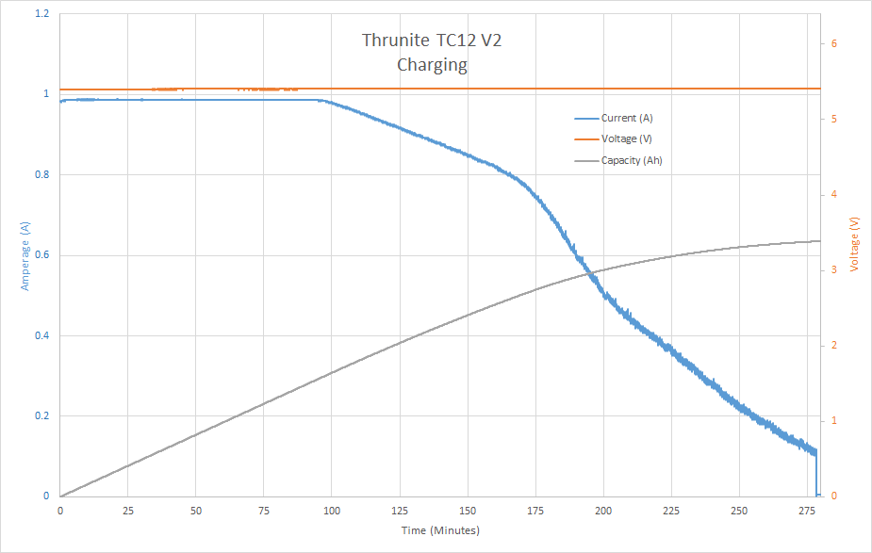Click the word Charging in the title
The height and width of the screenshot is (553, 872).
[432, 65]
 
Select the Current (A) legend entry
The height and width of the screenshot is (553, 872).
[626, 119]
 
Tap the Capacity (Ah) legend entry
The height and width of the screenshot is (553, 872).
[631, 160]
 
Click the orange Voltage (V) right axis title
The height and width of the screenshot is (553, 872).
[854, 243]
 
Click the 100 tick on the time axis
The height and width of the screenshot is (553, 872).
[332, 510]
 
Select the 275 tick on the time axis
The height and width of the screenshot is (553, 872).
[807, 510]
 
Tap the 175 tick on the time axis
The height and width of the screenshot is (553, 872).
[535, 510]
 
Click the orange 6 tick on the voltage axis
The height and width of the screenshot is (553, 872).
[833, 44]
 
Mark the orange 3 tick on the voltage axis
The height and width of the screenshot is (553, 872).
[833, 270]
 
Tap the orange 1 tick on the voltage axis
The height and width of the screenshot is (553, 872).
[833, 421]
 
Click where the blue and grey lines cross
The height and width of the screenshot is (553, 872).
[588, 272]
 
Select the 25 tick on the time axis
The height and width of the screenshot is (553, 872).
[128, 510]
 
